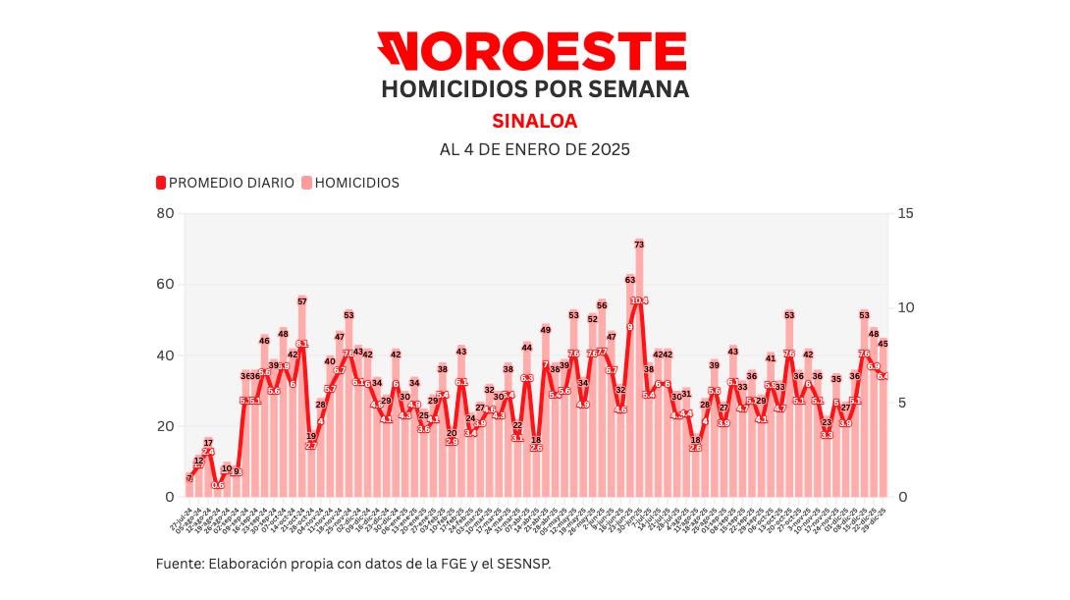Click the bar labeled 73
click(639, 373)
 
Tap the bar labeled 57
click(302, 403)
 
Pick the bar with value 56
click(602, 403)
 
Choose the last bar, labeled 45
click(883, 422)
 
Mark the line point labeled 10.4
click(639, 300)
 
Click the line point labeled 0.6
click(218, 485)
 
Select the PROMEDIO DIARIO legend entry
click(226, 183)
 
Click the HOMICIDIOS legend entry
click(350, 183)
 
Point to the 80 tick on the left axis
click(165, 214)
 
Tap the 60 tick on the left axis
click(165, 285)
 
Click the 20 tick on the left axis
click(165, 426)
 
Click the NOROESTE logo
click(531, 51)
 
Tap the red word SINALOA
click(534, 122)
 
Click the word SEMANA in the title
click(624, 89)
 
